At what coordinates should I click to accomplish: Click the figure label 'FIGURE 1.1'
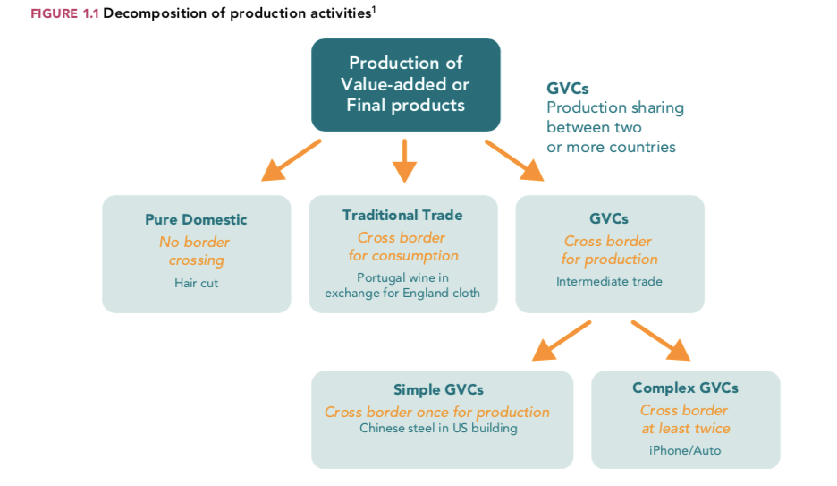(x=64, y=14)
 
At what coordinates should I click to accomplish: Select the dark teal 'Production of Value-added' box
(x=405, y=85)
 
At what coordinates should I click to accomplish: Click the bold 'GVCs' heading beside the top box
(x=568, y=89)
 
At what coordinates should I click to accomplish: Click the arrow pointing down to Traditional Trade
(x=404, y=160)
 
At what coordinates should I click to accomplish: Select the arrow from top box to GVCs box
(x=513, y=160)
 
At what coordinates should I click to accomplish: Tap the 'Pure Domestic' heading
(x=196, y=219)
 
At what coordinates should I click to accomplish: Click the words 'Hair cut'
(x=196, y=283)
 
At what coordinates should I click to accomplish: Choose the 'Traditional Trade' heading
(x=402, y=215)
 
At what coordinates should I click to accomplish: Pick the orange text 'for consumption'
(x=402, y=256)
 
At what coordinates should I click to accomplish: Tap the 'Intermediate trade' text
(x=609, y=281)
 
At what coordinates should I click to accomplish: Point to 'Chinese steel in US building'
(x=438, y=428)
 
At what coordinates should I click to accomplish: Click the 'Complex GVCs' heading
(x=685, y=388)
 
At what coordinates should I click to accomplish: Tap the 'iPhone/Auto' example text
(x=685, y=450)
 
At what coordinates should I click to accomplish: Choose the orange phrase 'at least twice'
(x=685, y=429)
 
